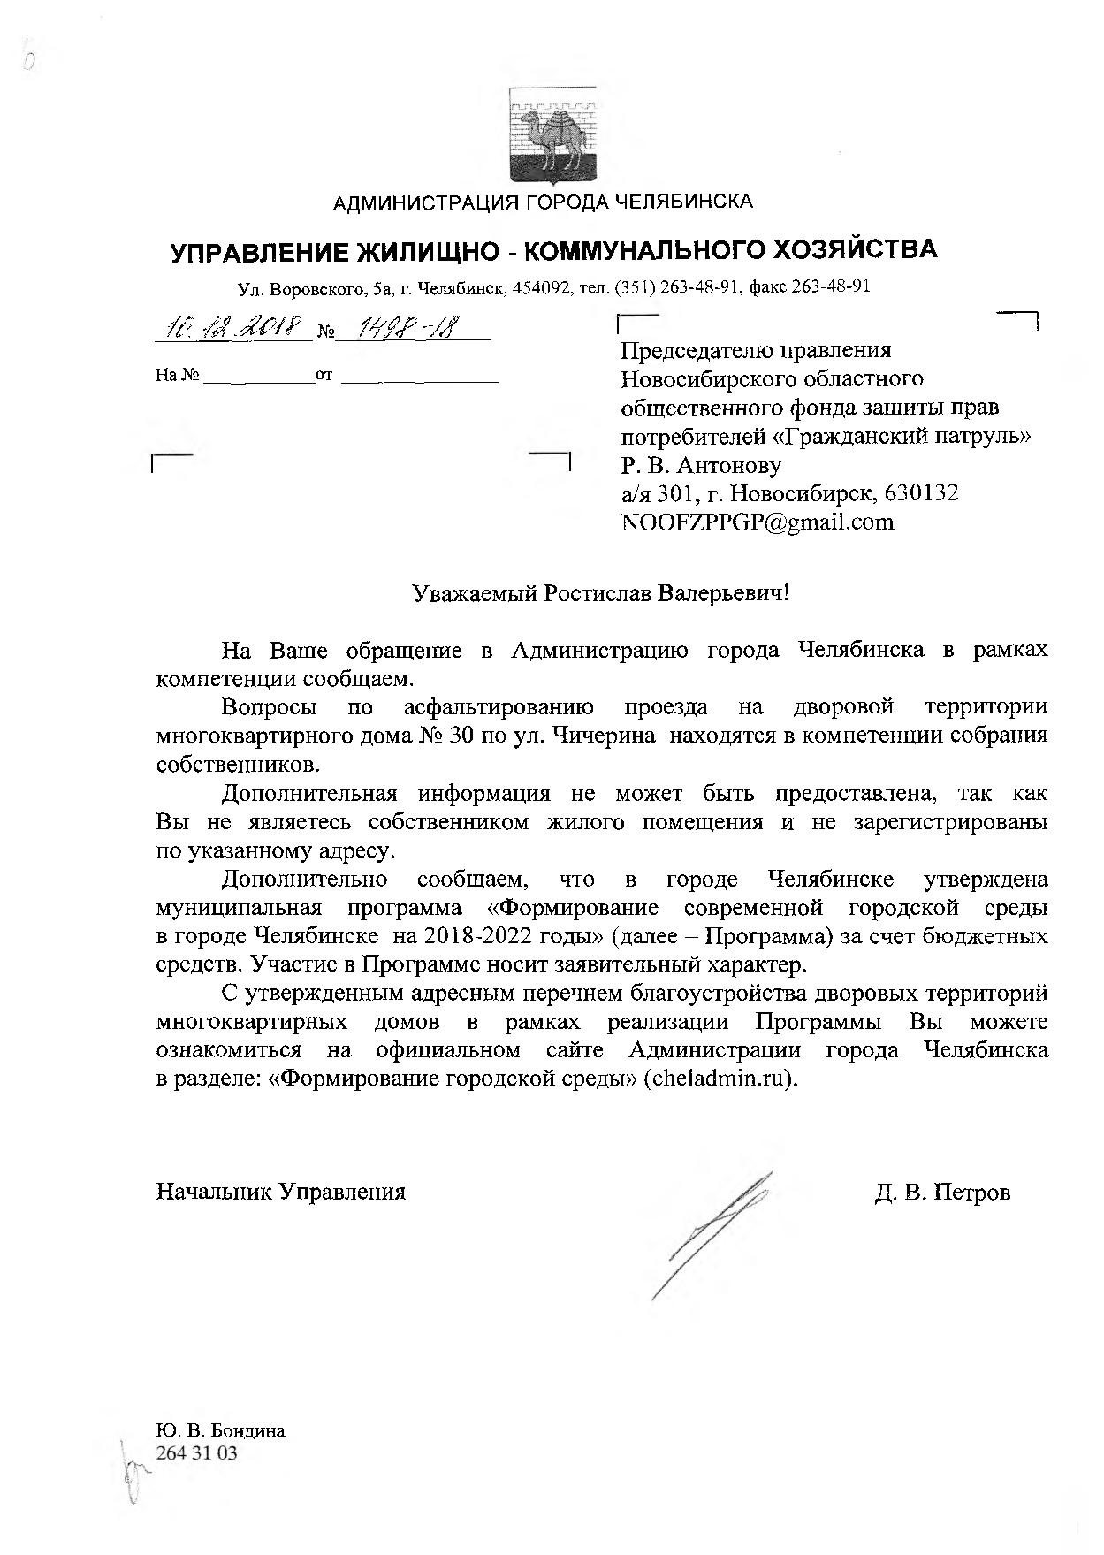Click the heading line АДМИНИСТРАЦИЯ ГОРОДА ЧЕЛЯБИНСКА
tap(543, 202)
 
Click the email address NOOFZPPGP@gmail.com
tap(758, 522)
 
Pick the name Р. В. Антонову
tap(701, 464)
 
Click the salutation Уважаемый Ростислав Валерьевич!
tap(601, 592)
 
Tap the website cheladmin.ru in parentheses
tap(720, 1079)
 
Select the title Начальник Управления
tap(281, 1192)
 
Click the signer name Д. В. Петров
tap(942, 1192)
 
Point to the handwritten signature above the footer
tap(712, 1233)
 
